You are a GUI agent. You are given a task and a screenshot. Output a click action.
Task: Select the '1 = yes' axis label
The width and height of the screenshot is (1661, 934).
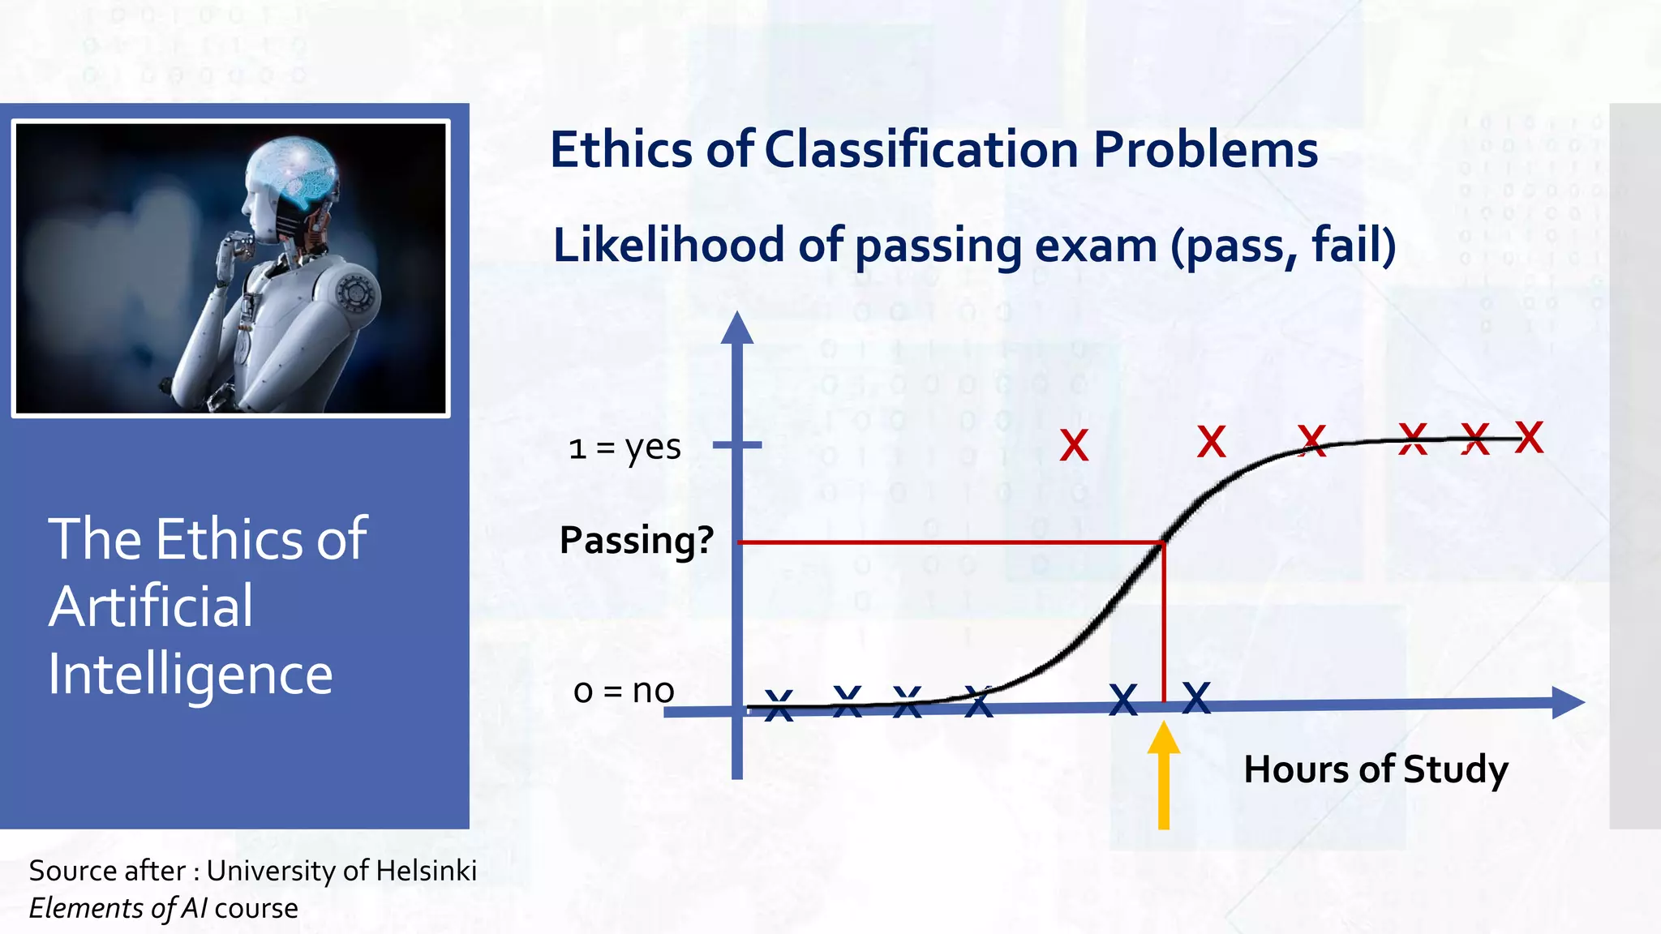[x=624, y=448]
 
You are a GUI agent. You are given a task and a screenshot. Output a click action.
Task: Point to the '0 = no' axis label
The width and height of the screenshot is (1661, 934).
[x=624, y=691]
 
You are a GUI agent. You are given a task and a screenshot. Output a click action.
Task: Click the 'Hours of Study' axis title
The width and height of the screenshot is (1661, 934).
[x=1376, y=769]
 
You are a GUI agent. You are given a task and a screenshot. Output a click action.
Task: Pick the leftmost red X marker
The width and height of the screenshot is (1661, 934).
[x=1074, y=446]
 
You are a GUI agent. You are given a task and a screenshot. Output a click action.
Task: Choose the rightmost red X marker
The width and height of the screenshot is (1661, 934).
[x=1529, y=438]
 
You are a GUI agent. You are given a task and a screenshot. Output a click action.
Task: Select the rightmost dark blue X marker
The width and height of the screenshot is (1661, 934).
[x=1196, y=698]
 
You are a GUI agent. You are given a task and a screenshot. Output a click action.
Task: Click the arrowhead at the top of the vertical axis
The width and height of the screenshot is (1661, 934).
[x=737, y=328]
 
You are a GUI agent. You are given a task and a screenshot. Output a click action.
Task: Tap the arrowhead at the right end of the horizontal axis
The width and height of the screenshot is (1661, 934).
[x=1567, y=702]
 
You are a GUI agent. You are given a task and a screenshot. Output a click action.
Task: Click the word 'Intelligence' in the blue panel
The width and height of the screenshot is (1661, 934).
[x=190, y=675]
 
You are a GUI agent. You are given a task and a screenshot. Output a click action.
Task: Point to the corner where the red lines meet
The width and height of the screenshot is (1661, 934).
[x=1164, y=542]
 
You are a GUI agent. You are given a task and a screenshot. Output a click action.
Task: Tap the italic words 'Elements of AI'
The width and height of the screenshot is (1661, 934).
[x=118, y=908]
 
